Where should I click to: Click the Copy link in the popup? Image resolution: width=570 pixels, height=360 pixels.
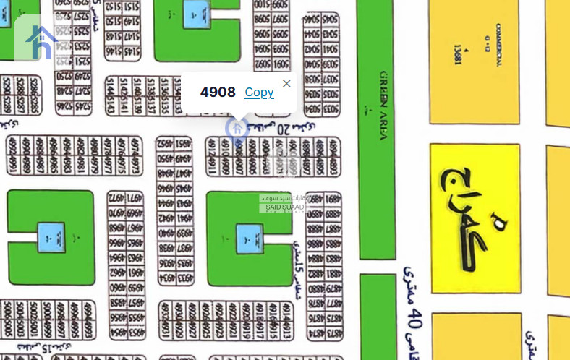(x=259, y=92)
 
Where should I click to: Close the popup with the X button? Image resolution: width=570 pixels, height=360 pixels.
(x=286, y=83)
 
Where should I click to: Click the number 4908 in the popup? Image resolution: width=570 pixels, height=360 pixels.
(x=218, y=92)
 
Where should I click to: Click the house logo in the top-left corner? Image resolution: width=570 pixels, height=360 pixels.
(x=41, y=42)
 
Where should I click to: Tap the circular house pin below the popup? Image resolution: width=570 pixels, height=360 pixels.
(x=237, y=129)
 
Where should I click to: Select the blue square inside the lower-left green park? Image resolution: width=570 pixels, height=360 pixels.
(x=50, y=233)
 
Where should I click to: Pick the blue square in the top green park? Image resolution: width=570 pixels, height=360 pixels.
(x=194, y=10)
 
